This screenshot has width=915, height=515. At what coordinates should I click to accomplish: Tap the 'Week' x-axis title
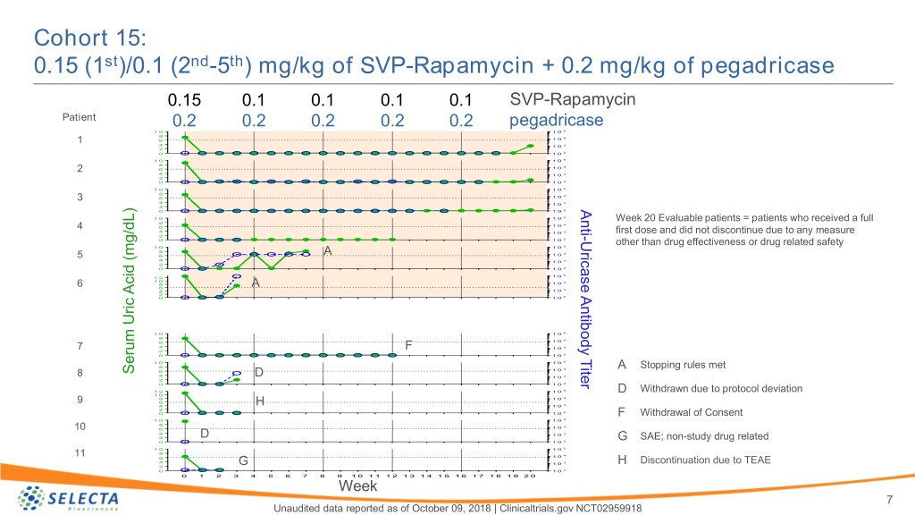(357, 486)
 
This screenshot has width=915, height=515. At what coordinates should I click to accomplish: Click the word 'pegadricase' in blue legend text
(555, 120)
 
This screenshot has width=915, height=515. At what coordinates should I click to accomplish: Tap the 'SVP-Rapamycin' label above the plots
(572, 98)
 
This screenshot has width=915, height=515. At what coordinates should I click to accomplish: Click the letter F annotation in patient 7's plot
(408, 345)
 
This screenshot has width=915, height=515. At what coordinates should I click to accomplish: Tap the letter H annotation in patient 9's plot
(260, 402)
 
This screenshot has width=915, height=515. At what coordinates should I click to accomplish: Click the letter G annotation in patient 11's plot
(243, 460)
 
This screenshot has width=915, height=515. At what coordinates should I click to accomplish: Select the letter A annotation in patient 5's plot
(328, 251)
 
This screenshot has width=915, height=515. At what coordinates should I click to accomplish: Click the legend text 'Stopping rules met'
(684, 365)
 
